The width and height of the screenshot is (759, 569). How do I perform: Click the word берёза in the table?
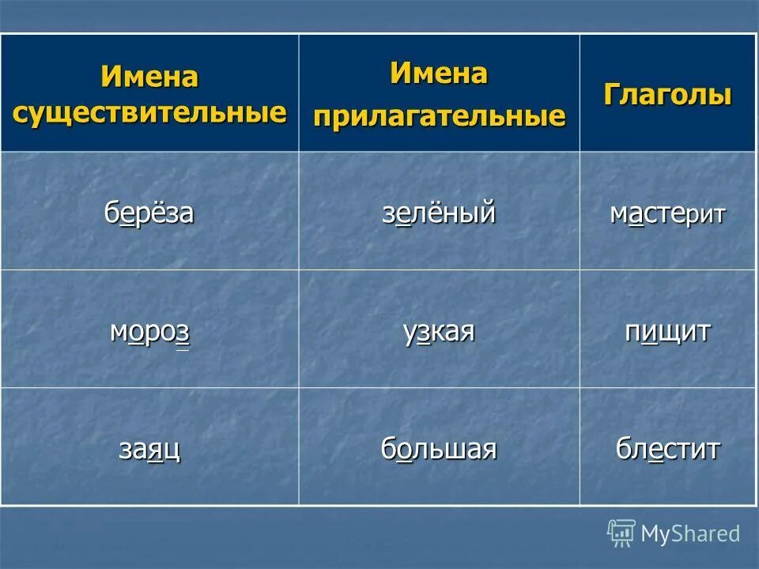tap(149, 213)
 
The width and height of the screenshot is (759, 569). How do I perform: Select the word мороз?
tap(149, 332)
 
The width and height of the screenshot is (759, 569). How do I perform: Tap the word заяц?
tap(149, 449)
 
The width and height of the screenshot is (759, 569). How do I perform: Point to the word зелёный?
tap(439, 213)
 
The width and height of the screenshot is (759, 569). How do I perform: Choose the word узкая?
tap(439, 332)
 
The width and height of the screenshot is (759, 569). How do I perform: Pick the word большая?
tap(439, 449)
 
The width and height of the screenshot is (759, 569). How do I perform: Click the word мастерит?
tap(667, 213)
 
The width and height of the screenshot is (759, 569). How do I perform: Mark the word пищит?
tap(667, 332)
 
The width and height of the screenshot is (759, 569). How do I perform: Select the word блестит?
tap(667, 449)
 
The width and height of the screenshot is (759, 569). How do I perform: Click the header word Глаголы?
tap(667, 95)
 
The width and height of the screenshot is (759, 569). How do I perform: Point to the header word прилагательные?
tap(439, 116)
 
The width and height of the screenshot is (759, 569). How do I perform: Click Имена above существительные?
tap(149, 77)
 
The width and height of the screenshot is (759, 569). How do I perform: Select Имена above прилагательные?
tap(439, 74)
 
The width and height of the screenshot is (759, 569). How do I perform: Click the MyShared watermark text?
tap(690, 533)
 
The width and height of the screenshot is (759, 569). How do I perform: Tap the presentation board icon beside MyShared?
tap(621, 533)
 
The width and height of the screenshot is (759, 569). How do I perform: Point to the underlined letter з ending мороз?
tap(182, 333)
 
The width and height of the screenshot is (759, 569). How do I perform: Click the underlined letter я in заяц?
tap(155, 450)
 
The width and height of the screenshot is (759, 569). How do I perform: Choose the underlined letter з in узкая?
tap(423, 333)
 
